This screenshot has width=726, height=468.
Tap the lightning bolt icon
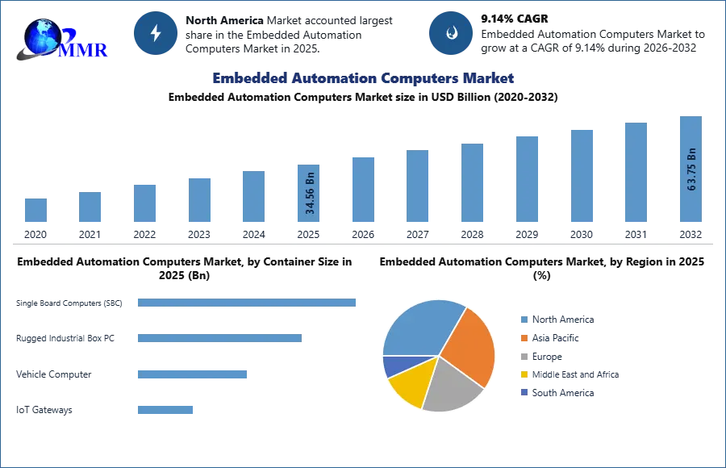pos(156,33)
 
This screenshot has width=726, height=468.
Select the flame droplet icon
pos(451,33)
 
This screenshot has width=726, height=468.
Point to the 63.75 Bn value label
pos(691,169)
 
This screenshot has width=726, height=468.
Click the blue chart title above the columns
pos(364,78)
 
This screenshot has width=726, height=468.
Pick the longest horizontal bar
pos(248,303)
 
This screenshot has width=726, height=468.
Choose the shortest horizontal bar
pos(165,410)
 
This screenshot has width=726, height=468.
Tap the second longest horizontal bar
pos(219,336)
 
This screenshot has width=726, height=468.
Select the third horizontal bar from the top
pos(194,374)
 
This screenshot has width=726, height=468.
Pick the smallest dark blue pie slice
pos(394,366)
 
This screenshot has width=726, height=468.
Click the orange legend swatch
pos(523,337)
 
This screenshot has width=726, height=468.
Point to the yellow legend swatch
pos(523,374)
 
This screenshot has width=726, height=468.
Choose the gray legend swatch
pos(523,356)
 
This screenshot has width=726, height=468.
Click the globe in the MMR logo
pos(40,36)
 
